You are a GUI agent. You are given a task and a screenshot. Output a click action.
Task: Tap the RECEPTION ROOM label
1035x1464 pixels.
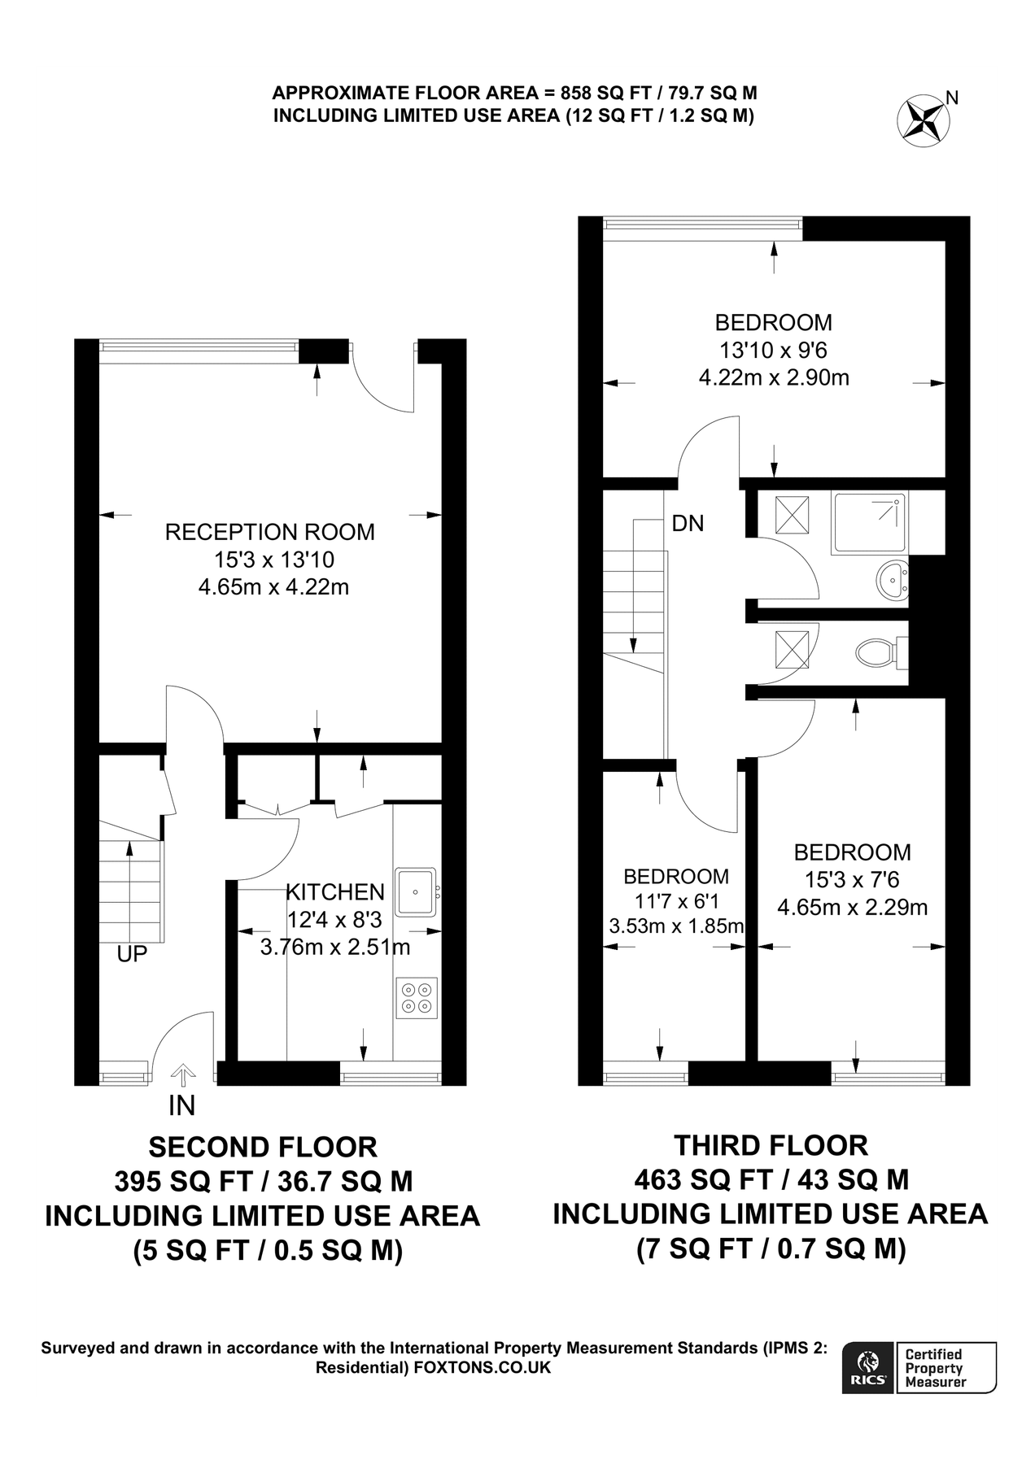(269, 532)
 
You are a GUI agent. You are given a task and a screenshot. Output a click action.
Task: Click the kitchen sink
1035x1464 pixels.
(416, 892)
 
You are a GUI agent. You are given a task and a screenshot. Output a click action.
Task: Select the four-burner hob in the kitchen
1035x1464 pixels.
(417, 997)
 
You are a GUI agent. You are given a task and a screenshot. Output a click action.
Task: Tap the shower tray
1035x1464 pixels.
(869, 523)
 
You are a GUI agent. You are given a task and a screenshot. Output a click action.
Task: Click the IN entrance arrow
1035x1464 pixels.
(182, 1076)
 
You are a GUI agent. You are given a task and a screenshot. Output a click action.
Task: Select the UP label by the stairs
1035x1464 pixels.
(132, 954)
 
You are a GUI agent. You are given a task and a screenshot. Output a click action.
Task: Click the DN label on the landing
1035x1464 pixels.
(688, 524)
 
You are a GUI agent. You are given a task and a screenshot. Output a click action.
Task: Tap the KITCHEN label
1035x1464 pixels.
(334, 892)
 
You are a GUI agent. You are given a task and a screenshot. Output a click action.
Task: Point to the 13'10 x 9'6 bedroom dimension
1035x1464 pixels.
(773, 350)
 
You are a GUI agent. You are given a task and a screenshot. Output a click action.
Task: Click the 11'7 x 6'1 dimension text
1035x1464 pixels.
(675, 901)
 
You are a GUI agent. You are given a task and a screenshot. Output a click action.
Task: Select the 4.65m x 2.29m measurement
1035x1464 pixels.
(852, 907)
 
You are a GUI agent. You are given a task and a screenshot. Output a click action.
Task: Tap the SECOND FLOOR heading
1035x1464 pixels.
(263, 1147)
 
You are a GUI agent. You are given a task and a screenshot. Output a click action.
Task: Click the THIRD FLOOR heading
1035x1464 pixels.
(771, 1145)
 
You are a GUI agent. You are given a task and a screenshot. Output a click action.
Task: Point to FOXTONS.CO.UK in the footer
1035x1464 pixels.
(482, 1368)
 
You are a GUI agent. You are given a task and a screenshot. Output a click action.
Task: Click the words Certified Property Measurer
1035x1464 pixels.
(934, 1368)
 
